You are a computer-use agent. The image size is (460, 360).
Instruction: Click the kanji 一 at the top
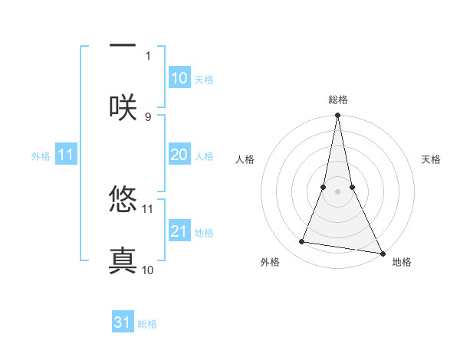(x=123, y=47)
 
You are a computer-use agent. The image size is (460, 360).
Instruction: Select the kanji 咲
(x=123, y=106)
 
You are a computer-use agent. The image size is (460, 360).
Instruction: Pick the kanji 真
(x=123, y=260)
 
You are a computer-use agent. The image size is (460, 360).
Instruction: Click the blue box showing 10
(x=179, y=77)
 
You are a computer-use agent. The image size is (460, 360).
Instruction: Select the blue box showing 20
(x=179, y=155)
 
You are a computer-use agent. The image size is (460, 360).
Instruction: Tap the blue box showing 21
(x=179, y=231)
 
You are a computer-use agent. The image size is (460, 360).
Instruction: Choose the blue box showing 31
(x=123, y=322)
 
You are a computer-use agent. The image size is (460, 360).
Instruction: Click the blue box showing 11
(x=66, y=155)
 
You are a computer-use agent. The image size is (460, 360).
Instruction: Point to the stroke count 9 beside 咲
(x=148, y=117)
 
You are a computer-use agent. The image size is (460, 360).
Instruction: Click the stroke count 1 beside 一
(x=148, y=56)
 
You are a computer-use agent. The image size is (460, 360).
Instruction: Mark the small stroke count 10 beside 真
(x=148, y=270)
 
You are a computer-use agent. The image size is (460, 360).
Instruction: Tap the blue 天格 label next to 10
(x=204, y=80)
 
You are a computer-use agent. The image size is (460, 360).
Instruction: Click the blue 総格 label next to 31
(x=147, y=324)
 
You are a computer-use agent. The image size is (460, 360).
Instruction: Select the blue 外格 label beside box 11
(x=41, y=156)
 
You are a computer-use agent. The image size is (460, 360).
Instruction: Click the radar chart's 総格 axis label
(x=338, y=100)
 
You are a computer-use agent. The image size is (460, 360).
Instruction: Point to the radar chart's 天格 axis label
(x=432, y=159)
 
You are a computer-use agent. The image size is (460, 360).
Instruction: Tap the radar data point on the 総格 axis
(x=337, y=116)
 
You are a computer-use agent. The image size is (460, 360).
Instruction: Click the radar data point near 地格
(x=383, y=254)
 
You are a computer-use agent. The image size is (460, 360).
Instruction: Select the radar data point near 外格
(x=302, y=242)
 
